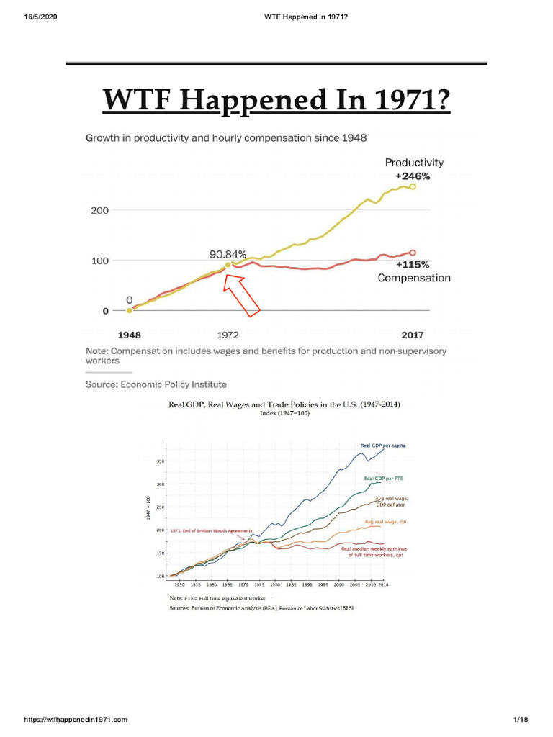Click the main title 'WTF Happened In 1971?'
(276, 99)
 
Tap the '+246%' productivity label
(413, 176)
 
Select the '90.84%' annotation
(228, 254)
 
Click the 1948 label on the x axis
(130, 335)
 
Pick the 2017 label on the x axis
(413, 335)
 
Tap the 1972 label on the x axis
(228, 335)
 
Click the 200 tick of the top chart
(99, 211)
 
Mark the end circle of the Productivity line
(413, 186)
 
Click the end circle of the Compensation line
(413, 253)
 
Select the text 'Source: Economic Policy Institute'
(156, 384)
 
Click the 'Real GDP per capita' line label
(383, 446)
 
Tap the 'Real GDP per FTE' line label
(383, 478)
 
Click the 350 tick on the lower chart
(162, 461)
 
